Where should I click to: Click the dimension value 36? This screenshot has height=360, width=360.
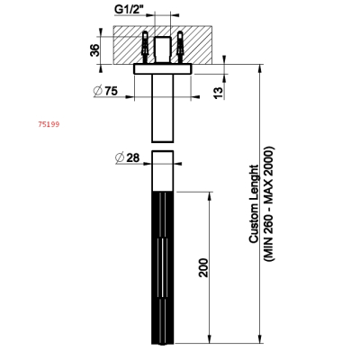tap(94, 50)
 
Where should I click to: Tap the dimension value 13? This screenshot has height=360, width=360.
tap(220, 93)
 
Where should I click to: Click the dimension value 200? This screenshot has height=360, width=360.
tap(203, 267)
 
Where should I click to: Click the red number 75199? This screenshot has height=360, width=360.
tap(49, 124)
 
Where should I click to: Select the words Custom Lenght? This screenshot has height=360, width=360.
tap(254, 203)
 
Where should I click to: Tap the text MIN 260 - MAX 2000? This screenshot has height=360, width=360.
tap(268, 203)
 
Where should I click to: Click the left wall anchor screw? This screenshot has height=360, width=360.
tap(146, 47)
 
